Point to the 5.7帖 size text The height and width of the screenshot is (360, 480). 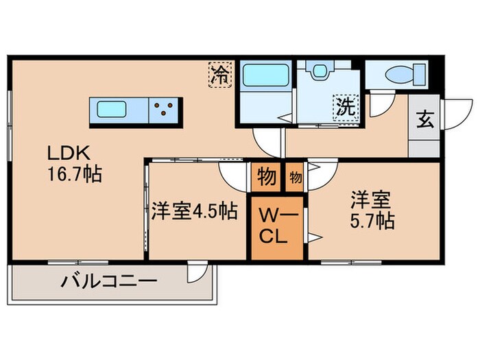[x=371, y=221]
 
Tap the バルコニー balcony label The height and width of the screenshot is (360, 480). [x=110, y=281]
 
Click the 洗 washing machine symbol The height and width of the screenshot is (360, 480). [x=345, y=107]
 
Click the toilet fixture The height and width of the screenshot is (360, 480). [x=398, y=75]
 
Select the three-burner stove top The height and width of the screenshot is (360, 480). [x=165, y=108]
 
